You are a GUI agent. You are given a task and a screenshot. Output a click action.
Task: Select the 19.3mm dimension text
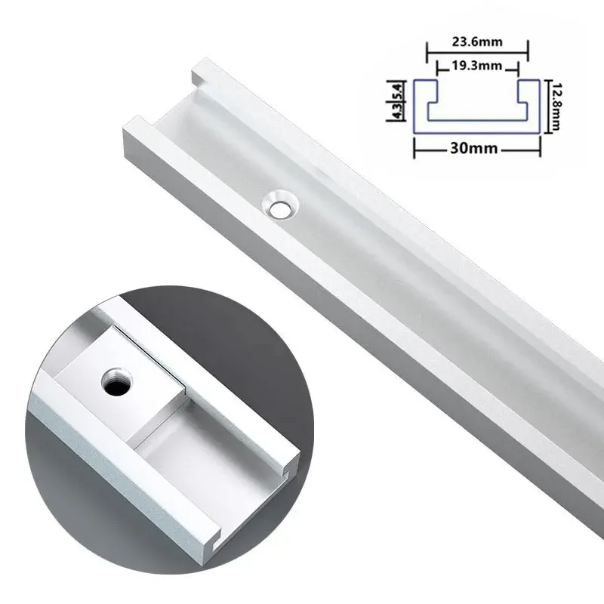click(477, 66)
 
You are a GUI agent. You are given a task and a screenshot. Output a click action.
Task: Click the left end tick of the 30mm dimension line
click(414, 148)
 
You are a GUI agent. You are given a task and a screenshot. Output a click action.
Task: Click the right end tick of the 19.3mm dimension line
click(516, 66)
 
